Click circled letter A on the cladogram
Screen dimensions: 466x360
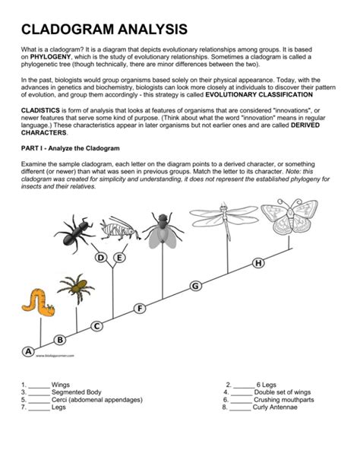[28, 351]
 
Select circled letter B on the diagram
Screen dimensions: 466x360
[60, 339]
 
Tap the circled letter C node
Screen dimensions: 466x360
[96, 326]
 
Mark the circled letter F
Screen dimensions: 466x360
[140, 308]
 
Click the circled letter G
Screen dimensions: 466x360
[196, 286]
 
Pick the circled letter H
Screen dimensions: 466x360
[259, 263]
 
